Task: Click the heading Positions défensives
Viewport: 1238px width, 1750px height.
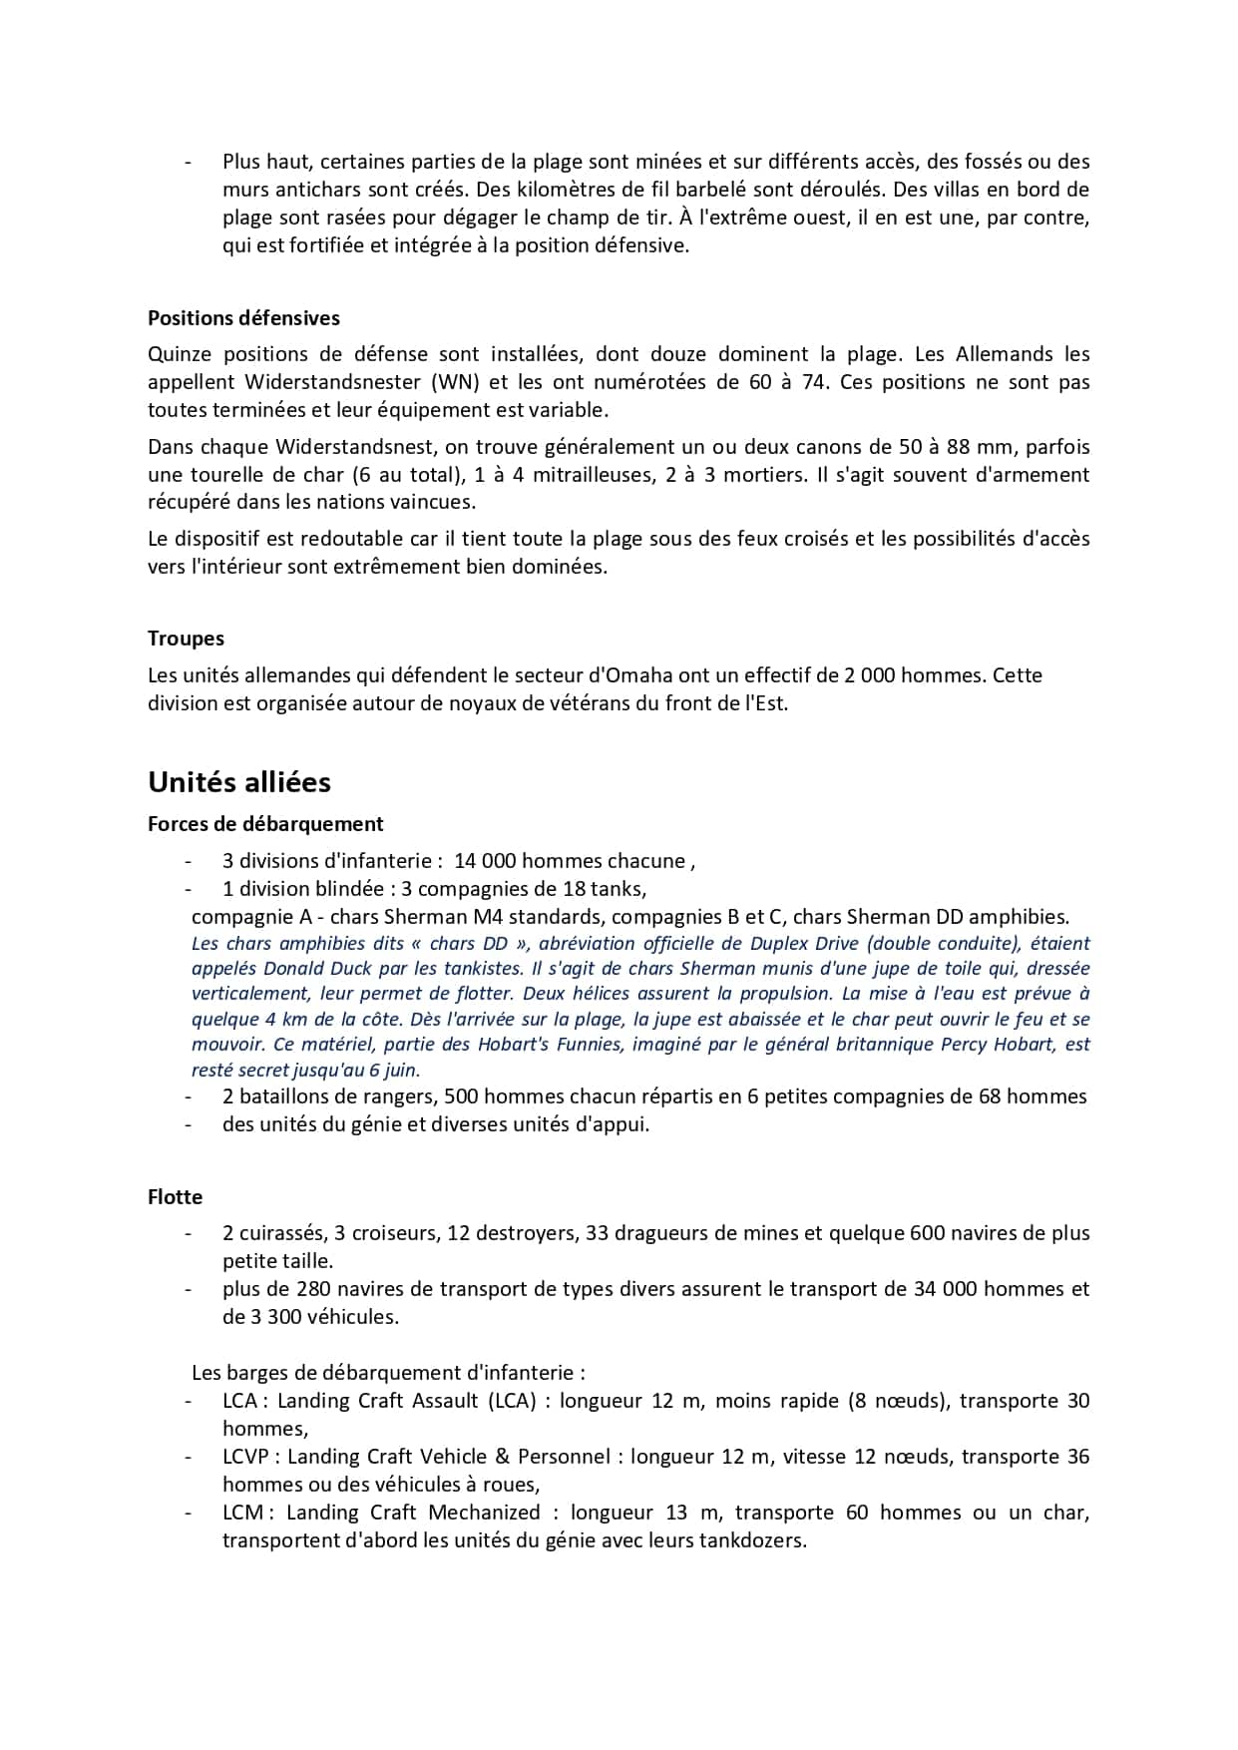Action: pos(243,318)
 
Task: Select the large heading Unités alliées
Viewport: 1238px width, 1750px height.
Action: pos(239,782)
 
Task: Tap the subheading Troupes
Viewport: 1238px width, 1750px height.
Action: pos(186,639)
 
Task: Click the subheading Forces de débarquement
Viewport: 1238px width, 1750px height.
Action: pos(265,824)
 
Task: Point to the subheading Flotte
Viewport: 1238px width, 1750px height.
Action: pos(175,1197)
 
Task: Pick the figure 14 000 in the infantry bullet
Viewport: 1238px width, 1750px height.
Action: pos(484,861)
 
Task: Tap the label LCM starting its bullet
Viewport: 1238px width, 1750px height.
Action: pos(242,1513)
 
